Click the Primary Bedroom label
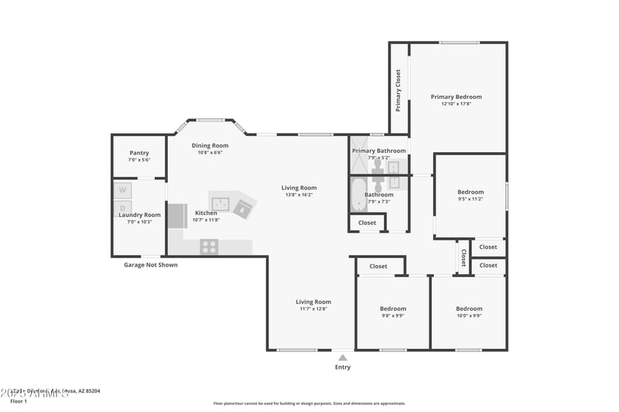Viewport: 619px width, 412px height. [456, 97]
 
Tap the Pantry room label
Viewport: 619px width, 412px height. [139, 153]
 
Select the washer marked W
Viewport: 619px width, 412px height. [123, 190]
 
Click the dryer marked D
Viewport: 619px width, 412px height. [123, 208]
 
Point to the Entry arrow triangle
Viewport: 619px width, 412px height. [342, 357]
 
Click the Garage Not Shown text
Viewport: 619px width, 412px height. [151, 265]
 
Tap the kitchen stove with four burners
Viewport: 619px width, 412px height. [209, 247]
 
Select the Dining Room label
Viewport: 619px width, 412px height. [210, 145]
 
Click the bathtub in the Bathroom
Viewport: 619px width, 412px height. [358, 196]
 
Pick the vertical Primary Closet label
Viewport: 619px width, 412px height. [398, 90]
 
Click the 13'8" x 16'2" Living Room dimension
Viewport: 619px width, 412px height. [299, 195]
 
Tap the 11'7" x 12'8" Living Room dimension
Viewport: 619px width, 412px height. [313, 308]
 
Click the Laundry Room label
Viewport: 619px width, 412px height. [139, 215]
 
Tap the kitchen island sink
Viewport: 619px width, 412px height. [222, 204]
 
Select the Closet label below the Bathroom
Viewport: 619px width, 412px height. [368, 223]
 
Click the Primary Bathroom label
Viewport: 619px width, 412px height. [379, 151]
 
